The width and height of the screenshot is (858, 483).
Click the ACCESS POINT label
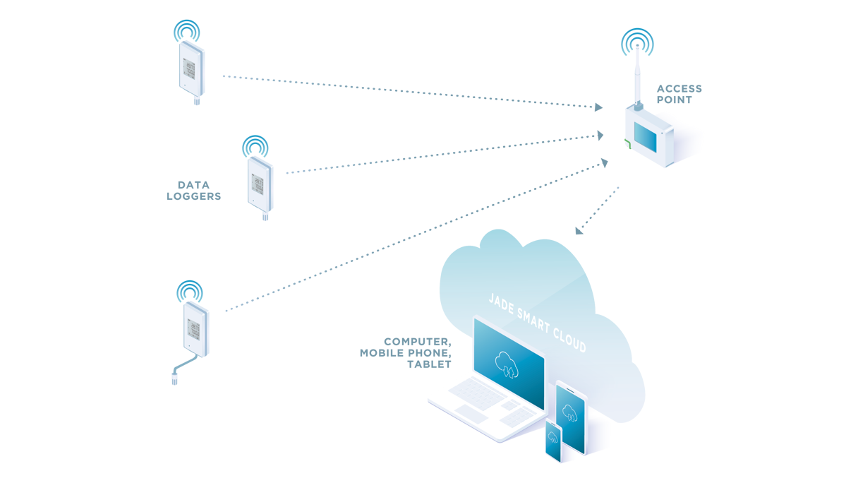tap(679, 94)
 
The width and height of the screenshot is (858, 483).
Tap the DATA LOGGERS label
tap(193, 191)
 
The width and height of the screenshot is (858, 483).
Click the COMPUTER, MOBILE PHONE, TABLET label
tap(405, 352)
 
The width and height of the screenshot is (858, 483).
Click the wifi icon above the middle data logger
tap(254, 145)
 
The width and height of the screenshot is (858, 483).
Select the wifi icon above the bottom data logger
tap(189, 290)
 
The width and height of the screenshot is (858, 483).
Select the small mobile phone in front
tap(552, 441)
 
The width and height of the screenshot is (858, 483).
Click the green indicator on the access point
tap(627, 145)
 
